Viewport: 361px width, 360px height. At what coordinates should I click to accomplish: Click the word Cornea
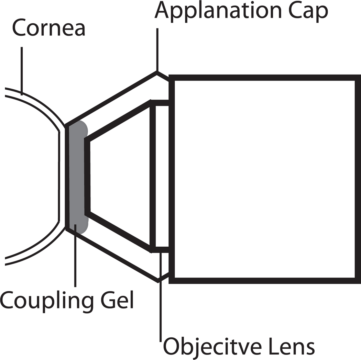(x=48, y=29)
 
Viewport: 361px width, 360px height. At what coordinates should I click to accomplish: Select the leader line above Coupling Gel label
(x=75, y=261)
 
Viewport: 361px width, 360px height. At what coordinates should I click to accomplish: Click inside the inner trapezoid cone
(x=120, y=177)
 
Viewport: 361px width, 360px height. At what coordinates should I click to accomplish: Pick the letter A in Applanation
(x=163, y=11)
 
